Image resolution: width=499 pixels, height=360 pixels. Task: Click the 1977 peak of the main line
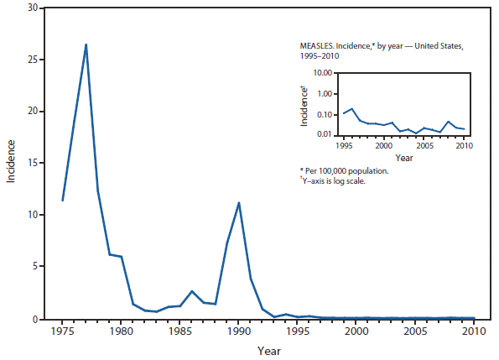point(86,44)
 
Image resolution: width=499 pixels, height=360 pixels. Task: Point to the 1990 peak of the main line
point(239,202)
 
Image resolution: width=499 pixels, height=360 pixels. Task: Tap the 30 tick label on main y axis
point(33,8)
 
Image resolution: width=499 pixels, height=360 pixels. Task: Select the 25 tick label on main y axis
point(33,60)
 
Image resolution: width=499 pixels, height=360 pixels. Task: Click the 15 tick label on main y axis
point(33,164)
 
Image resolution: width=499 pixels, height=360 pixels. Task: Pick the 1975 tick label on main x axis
point(62,331)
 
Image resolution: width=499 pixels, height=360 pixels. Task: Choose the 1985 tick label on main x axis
point(179,331)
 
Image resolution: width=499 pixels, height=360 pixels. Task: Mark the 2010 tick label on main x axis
point(474,331)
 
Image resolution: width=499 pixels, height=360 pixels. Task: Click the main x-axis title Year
point(268,349)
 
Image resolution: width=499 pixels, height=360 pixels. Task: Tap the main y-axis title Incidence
point(12,164)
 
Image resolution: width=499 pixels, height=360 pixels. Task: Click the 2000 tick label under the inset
point(383,145)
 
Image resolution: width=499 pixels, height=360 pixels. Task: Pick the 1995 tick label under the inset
point(342,145)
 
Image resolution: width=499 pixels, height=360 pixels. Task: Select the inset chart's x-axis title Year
point(404,157)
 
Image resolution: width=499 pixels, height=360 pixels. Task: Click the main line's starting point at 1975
point(62,201)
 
